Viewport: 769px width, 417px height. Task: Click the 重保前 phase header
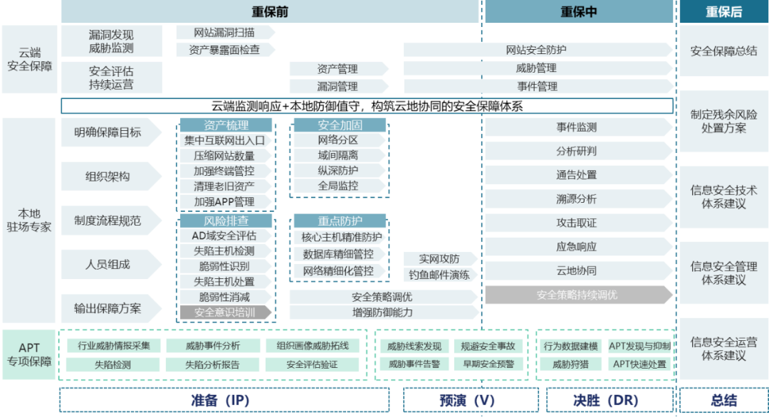pos(270,11)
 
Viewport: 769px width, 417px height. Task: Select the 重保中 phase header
pos(578,11)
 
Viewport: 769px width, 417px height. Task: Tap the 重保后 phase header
pos(723,11)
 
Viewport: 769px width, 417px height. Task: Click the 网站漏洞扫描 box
pos(224,33)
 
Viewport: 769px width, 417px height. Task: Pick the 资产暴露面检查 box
pos(224,50)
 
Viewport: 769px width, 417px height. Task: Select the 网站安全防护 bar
pos(536,50)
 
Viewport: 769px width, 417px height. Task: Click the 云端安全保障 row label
pos(29,60)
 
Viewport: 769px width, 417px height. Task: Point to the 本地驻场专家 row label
pos(29,221)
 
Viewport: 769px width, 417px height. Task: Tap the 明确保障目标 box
pos(108,132)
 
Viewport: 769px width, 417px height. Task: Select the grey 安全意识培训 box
pos(224,312)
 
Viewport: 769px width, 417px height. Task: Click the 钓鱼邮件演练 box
pos(439,275)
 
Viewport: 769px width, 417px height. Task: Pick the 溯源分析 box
pos(577,199)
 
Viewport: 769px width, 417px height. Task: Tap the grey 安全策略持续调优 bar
pos(577,295)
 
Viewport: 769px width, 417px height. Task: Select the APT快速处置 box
pos(639,364)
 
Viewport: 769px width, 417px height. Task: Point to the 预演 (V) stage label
pos(466,400)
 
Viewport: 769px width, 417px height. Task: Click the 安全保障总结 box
pos(723,51)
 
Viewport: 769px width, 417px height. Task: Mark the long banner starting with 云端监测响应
pos(367,107)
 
